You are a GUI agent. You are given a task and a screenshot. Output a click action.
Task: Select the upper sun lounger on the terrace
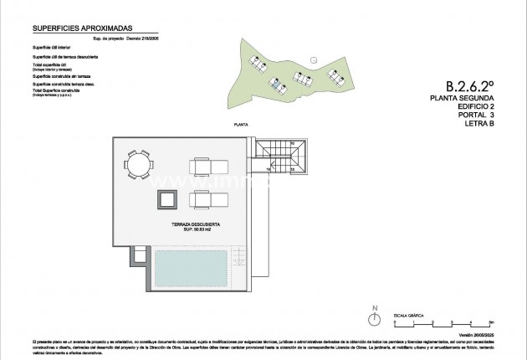[206, 164]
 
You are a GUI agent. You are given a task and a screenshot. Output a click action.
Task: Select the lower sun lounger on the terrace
[206, 198]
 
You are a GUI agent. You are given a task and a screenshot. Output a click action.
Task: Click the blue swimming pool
[191, 268]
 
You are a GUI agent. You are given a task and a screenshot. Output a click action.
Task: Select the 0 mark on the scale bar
[396, 321]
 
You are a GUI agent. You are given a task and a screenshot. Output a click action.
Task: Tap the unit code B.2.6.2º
[470, 85]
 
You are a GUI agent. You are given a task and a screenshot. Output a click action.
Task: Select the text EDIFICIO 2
[471, 108]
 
